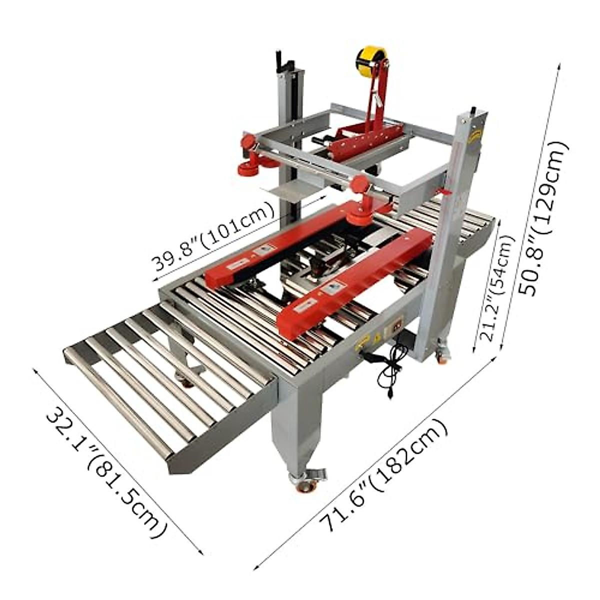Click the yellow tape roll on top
pyautogui.click(x=370, y=62)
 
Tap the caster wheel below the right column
pyautogui.click(x=442, y=355)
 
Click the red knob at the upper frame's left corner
pyautogui.click(x=248, y=142)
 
